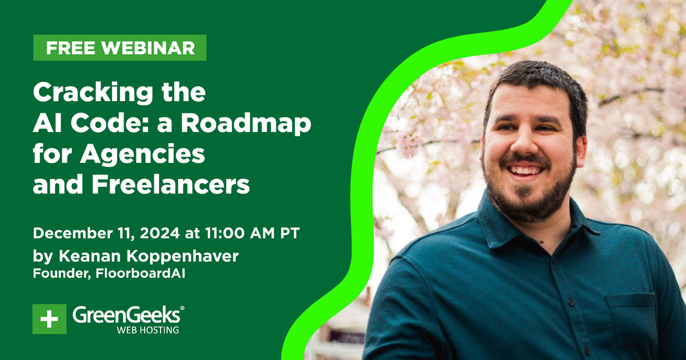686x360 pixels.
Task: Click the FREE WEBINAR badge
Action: coord(120,48)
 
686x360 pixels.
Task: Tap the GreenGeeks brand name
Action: coord(128,315)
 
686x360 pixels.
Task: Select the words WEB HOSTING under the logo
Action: coord(147,330)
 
